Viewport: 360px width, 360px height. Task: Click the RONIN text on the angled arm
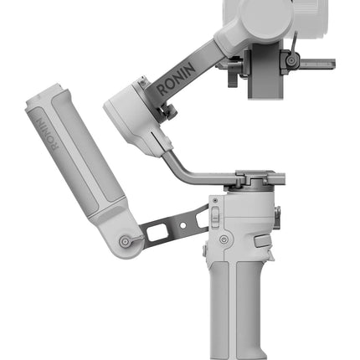[x=176, y=79]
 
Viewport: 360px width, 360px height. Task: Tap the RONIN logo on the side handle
[x=48, y=134]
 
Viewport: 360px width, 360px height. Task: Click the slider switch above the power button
[x=215, y=217]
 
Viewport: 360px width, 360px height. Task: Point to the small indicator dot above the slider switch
[x=214, y=200]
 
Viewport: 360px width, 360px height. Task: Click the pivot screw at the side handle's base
[x=125, y=242]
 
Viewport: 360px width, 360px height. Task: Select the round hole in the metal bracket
[x=183, y=225]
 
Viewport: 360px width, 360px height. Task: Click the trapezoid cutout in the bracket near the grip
[x=203, y=219]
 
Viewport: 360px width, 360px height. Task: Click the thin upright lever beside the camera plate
[x=293, y=44]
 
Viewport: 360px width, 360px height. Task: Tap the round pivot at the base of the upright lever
[x=291, y=60]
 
